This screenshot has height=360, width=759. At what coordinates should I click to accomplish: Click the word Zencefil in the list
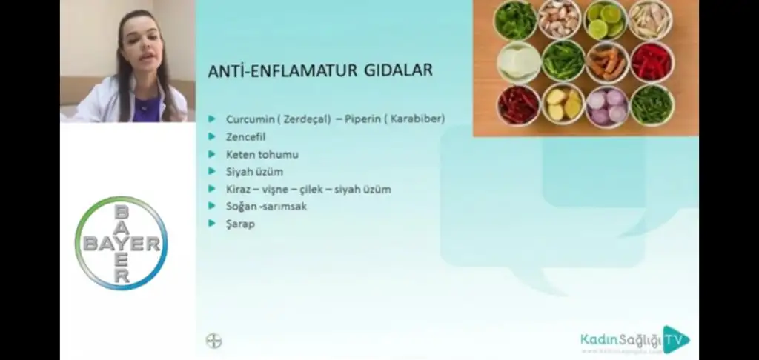pos(245,137)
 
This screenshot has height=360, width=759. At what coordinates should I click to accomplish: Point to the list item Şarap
pos(240,224)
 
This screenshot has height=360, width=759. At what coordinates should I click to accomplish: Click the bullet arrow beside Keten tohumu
pos(211,154)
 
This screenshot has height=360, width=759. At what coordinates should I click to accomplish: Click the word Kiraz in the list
pos(239,189)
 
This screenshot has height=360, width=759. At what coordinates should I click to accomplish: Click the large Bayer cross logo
pos(122,243)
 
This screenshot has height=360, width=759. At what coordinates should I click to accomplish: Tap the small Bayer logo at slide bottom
pos(213,341)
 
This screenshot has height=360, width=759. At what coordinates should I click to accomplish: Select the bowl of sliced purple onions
pos(607,105)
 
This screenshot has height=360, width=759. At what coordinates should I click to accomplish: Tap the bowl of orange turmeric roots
pos(607,62)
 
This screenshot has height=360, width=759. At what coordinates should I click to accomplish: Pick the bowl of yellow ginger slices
pos(563,104)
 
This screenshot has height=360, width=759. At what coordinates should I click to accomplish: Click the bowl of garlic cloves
pos(561,19)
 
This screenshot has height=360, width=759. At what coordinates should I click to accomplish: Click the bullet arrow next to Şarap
pos(211,223)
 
